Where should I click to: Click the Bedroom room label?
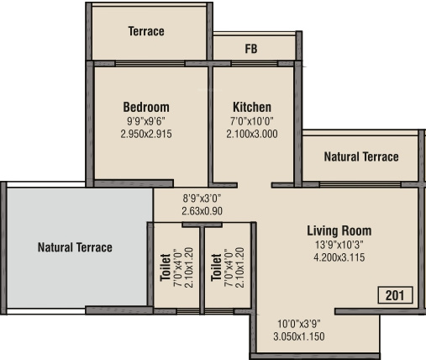[146, 107]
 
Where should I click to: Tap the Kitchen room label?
[252, 107]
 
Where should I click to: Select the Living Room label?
[339, 230]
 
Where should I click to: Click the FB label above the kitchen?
[251, 49]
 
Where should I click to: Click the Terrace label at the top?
[146, 32]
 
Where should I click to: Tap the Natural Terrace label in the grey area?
[75, 247]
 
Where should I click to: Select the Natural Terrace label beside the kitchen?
[361, 157]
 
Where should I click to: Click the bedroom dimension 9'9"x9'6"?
[146, 120]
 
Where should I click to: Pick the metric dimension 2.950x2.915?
[146, 133]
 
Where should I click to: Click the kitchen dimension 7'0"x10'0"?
[252, 120]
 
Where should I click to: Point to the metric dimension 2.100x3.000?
[252, 133]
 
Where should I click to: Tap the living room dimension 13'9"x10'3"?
[339, 245]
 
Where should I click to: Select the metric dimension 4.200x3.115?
[339, 257]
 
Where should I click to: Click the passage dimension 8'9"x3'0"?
[202, 199]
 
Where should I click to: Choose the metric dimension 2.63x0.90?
[202, 211]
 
